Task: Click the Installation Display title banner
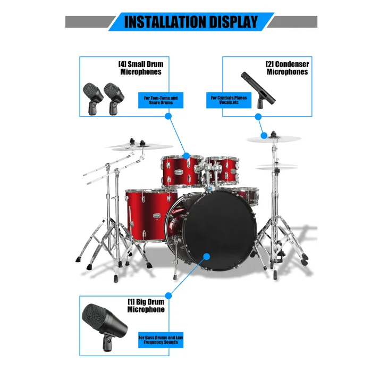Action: click(x=191, y=22)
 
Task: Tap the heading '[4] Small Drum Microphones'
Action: click(x=141, y=68)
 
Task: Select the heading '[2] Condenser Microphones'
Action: click(x=287, y=68)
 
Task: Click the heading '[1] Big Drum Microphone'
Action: click(x=146, y=306)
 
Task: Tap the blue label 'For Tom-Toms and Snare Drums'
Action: click(x=161, y=100)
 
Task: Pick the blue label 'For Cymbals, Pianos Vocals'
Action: click(x=229, y=100)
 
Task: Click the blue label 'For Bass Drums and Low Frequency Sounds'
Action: click(x=161, y=340)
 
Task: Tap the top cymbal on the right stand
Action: click(x=273, y=139)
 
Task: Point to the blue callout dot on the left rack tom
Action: click(x=187, y=156)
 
